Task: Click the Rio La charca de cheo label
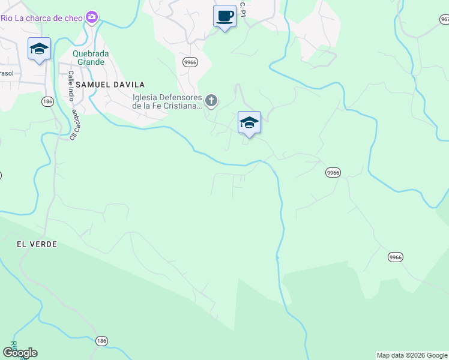pos(42,17)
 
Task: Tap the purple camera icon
pos(92,17)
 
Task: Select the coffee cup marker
pos(224,17)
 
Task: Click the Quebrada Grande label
pos(91,57)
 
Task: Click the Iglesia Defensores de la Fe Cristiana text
pos(166,101)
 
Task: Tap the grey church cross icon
pos(211,101)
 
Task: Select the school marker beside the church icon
pos(249,123)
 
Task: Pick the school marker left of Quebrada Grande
pos(39,49)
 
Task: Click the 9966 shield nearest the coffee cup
pos(190,62)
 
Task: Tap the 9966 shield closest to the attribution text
pos(395,257)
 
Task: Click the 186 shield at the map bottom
pos(101,341)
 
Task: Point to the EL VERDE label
pos(37,244)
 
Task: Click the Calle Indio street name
pos(70,87)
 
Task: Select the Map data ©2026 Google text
pos(412,355)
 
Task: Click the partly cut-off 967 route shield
pos(444,19)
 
